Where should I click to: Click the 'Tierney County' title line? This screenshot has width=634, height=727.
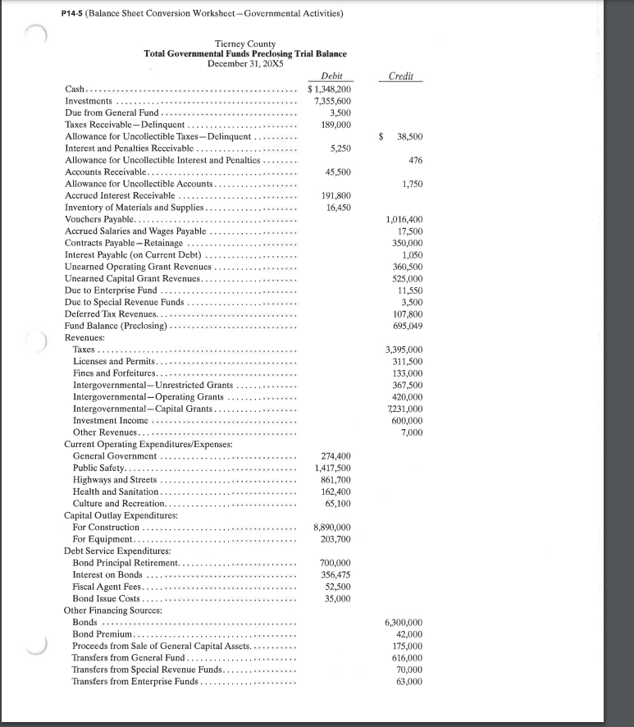pyautogui.click(x=244, y=43)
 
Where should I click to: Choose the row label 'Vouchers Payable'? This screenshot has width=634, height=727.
pyautogui.click(x=100, y=220)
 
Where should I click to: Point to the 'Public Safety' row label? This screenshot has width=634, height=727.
pyautogui.click(x=98, y=468)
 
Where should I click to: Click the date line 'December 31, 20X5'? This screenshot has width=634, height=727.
pyautogui.click(x=244, y=62)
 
